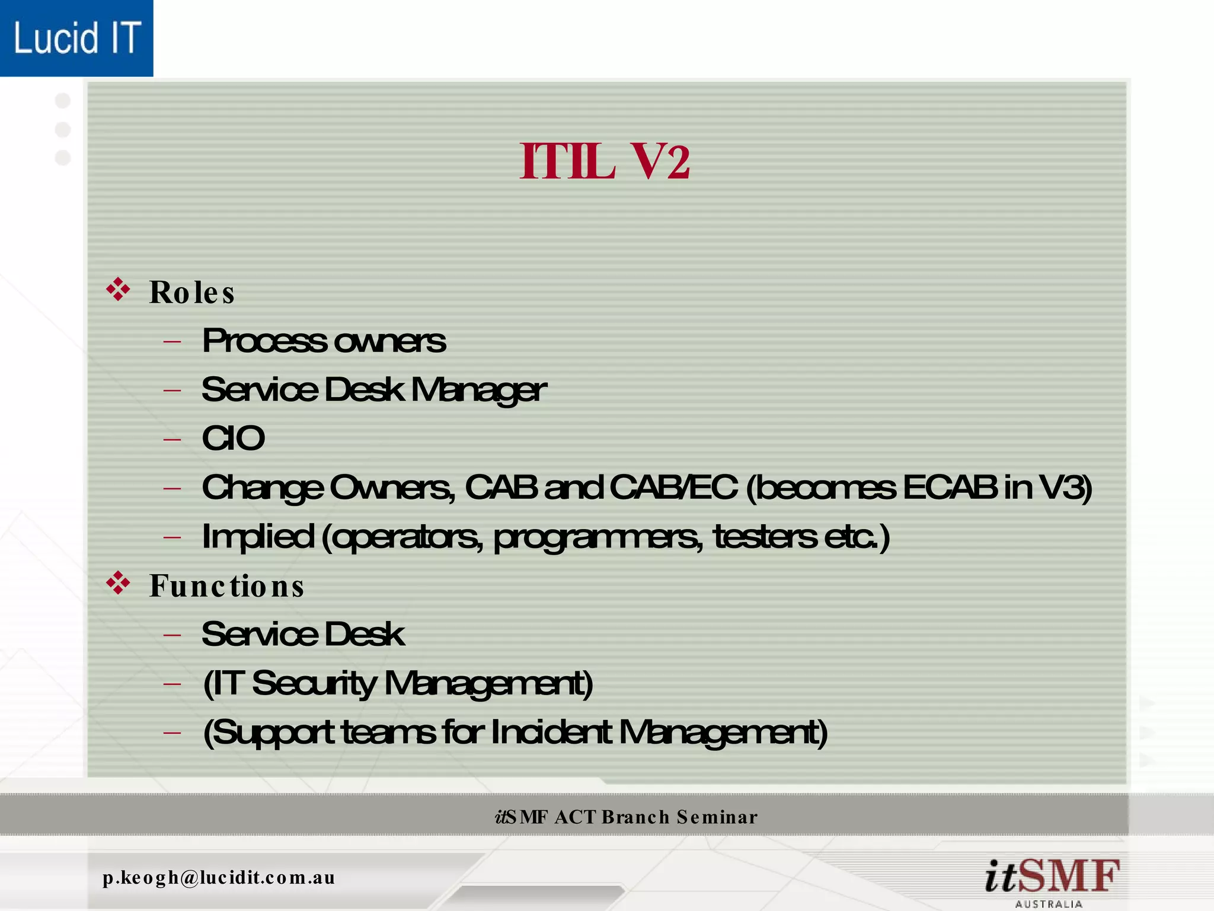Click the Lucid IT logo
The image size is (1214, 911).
coord(76,38)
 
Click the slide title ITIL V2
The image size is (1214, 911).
coord(605,161)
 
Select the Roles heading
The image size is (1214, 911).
coord(192,292)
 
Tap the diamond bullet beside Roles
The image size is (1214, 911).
coord(118,289)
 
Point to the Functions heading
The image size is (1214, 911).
coord(226,586)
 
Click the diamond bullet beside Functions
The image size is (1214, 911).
coord(118,583)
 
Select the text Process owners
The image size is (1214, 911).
coord(324,341)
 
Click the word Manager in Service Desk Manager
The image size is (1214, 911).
coord(478,390)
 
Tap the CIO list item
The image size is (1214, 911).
coord(233,439)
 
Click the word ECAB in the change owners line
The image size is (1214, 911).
coord(949,488)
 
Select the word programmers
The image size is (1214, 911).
coord(598,537)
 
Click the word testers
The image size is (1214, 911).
coord(765,536)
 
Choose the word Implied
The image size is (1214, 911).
coord(258,536)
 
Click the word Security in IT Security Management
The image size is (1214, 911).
coord(314,684)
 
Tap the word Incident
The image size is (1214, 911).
coord(551,732)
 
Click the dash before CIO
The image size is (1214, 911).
coord(172,439)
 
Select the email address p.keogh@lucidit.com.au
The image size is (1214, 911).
coord(219,877)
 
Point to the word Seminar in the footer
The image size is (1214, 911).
coord(717,817)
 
